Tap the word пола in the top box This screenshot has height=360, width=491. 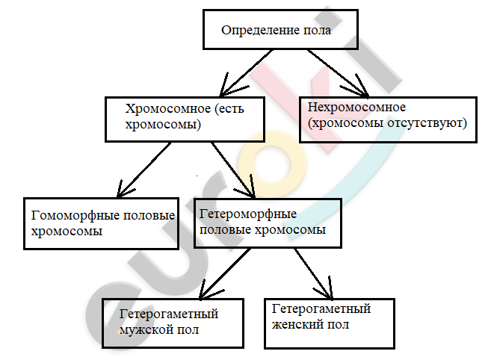coord(317,31)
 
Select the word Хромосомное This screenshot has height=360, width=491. coord(168,108)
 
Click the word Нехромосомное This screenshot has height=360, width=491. coord(356,108)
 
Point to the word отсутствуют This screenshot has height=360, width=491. coord(427,123)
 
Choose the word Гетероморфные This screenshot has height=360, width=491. coord(248,214)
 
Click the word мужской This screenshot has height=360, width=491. coord(143,330)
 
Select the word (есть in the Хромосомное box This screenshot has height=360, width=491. coord(229,109)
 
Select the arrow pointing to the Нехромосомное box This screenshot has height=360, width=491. coord(339,72)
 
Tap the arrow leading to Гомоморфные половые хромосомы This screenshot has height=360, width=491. coord(143,170)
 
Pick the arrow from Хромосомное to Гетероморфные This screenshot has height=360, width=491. coord(233,170)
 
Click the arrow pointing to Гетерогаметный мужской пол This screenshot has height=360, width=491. coord(225,273)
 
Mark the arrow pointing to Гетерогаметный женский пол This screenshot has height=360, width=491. coord(313,273)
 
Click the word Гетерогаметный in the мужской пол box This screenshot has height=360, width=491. coord(169,314)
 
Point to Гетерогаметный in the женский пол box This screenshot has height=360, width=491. coord(321,309)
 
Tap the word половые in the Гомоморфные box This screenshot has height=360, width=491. coord(149,216)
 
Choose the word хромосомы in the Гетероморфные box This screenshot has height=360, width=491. coord(290,230)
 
